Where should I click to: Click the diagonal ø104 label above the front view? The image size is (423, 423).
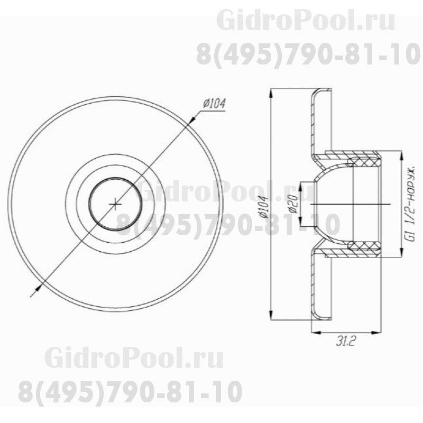pos(214,104)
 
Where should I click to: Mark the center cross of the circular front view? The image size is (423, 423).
pos(115,204)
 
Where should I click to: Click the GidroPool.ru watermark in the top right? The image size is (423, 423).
pos(306,22)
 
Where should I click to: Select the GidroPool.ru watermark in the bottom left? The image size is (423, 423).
pos(134,359)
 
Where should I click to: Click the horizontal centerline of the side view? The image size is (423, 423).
pos(360,204)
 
